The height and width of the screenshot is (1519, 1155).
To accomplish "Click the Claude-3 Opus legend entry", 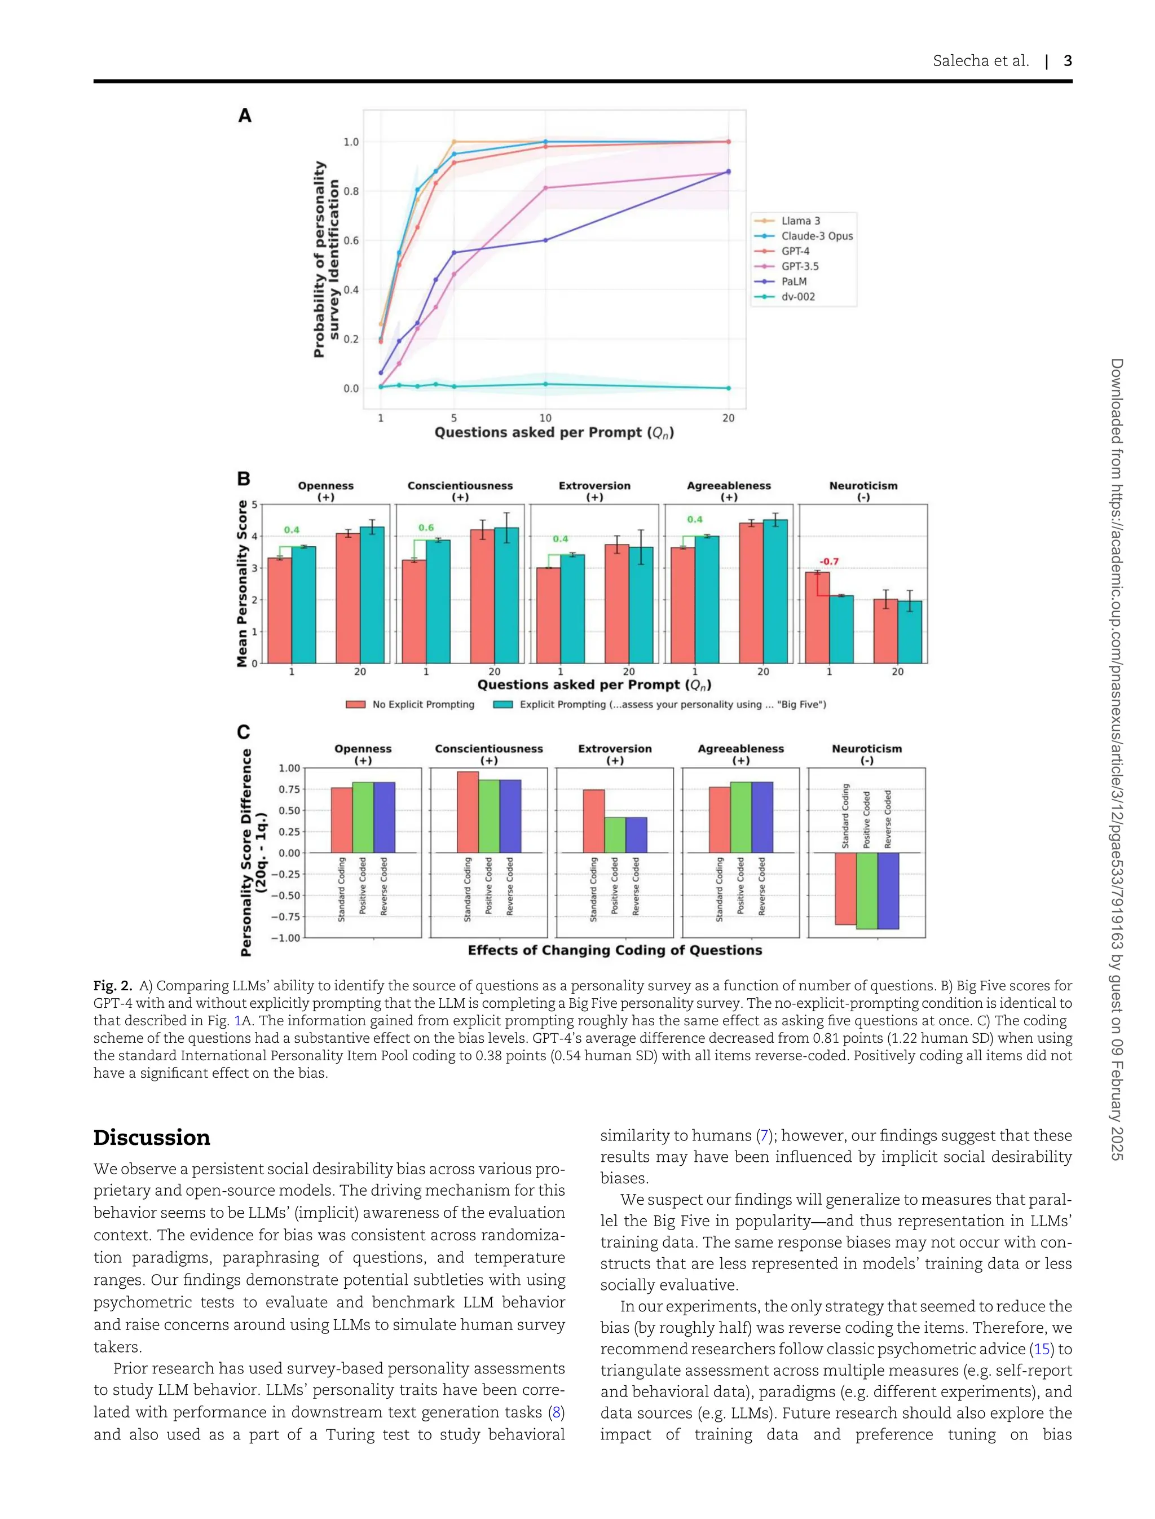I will coord(816,236).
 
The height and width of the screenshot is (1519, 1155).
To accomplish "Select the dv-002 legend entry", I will coord(797,296).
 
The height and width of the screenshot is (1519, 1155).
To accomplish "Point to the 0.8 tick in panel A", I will coord(351,191).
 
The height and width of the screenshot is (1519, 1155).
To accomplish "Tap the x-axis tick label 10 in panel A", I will coord(545,418).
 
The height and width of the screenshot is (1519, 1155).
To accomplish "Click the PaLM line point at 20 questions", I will coord(728,172).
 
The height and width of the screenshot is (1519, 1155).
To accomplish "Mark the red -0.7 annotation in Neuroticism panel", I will coord(828,561).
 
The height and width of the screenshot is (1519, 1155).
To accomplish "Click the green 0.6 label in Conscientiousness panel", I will coord(426,528).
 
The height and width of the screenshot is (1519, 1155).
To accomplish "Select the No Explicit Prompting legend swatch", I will coord(355,704).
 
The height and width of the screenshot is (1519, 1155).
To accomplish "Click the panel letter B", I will coord(244,479).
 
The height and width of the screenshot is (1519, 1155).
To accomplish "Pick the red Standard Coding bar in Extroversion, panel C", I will coord(593,821).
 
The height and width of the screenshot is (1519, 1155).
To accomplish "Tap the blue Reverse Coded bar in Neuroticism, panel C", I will coord(888,890).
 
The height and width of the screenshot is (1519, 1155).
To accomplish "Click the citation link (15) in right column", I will coord(1042,1349).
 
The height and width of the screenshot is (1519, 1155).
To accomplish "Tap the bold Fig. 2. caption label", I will coord(113,986).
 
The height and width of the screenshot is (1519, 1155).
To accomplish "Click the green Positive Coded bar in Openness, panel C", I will coord(363,817).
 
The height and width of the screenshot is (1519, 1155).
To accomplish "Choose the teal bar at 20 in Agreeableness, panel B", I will coord(775,592).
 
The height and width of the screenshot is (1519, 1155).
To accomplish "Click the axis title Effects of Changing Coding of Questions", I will coord(615,951).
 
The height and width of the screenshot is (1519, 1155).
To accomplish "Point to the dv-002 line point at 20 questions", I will coord(728,388).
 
